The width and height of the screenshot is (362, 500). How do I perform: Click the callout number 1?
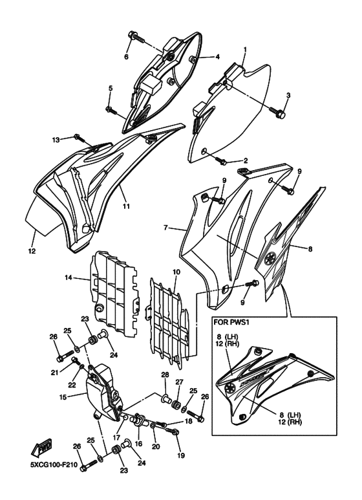[x=245, y=49]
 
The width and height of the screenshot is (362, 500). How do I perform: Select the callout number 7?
[x=166, y=228]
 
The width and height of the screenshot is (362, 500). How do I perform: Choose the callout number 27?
[x=179, y=382]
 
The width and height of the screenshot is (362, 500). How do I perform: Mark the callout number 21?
[x=56, y=373]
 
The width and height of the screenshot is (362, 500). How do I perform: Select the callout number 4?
[x=218, y=57]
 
